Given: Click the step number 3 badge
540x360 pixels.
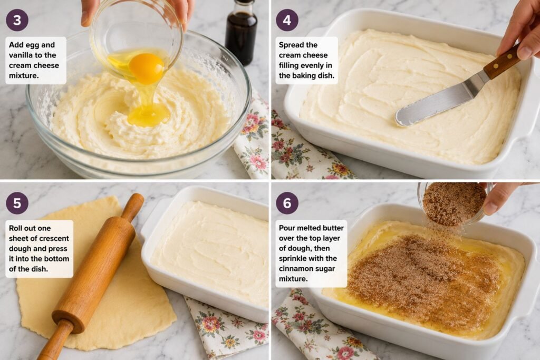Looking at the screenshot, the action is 17,20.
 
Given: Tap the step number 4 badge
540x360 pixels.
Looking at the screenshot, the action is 287,20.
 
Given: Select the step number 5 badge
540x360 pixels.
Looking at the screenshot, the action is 17,203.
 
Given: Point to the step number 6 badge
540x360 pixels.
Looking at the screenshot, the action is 287,203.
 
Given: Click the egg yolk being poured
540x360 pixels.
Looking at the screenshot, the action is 147,68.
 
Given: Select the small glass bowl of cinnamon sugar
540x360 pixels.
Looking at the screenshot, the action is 455,203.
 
